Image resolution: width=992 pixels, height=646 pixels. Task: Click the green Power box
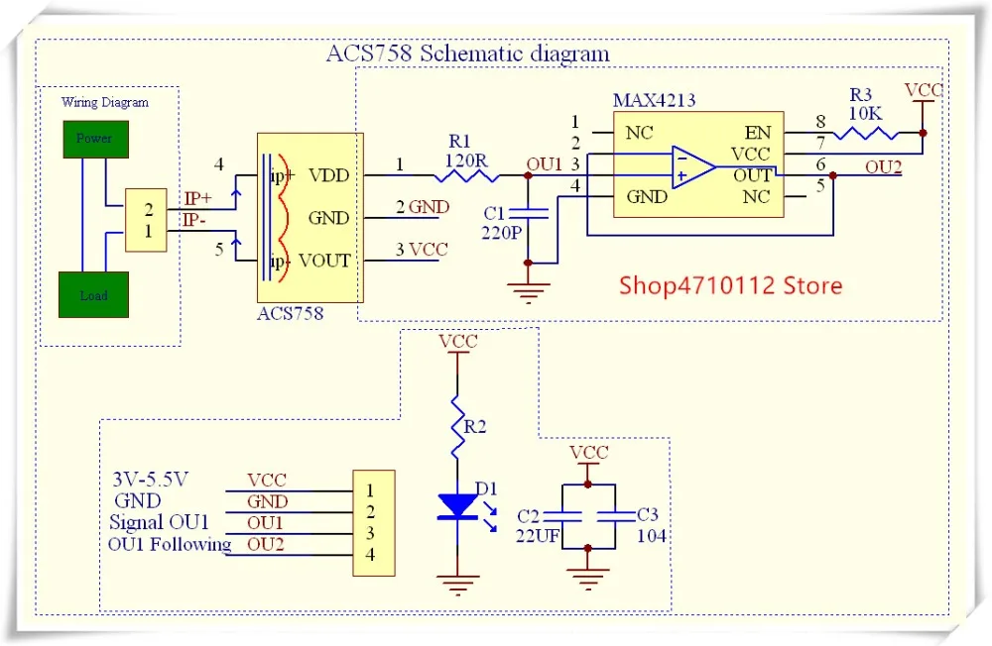pyautogui.click(x=94, y=139)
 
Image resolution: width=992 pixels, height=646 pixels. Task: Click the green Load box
pyautogui.click(x=94, y=295)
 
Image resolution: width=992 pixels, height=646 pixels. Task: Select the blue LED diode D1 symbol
pyautogui.click(x=457, y=505)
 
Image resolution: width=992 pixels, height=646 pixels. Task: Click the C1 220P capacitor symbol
pyautogui.click(x=528, y=212)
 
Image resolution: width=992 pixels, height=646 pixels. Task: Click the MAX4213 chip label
pyautogui.click(x=653, y=101)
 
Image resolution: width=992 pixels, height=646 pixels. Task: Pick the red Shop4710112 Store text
pyautogui.click(x=731, y=286)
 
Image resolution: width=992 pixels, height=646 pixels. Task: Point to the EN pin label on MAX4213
pyautogui.click(x=757, y=133)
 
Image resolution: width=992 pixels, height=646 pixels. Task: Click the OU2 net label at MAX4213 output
pyautogui.click(x=883, y=167)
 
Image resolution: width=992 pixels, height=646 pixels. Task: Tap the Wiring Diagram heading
pyautogui.click(x=105, y=102)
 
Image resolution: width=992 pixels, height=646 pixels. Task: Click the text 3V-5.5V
pyautogui.click(x=151, y=480)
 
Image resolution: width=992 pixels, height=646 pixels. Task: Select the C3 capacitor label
pyautogui.click(x=647, y=514)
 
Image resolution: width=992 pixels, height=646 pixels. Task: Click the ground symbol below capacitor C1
pyautogui.click(x=528, y=291)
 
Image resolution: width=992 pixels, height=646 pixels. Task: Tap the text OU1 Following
pyautogui.click(x=169, y=544)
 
